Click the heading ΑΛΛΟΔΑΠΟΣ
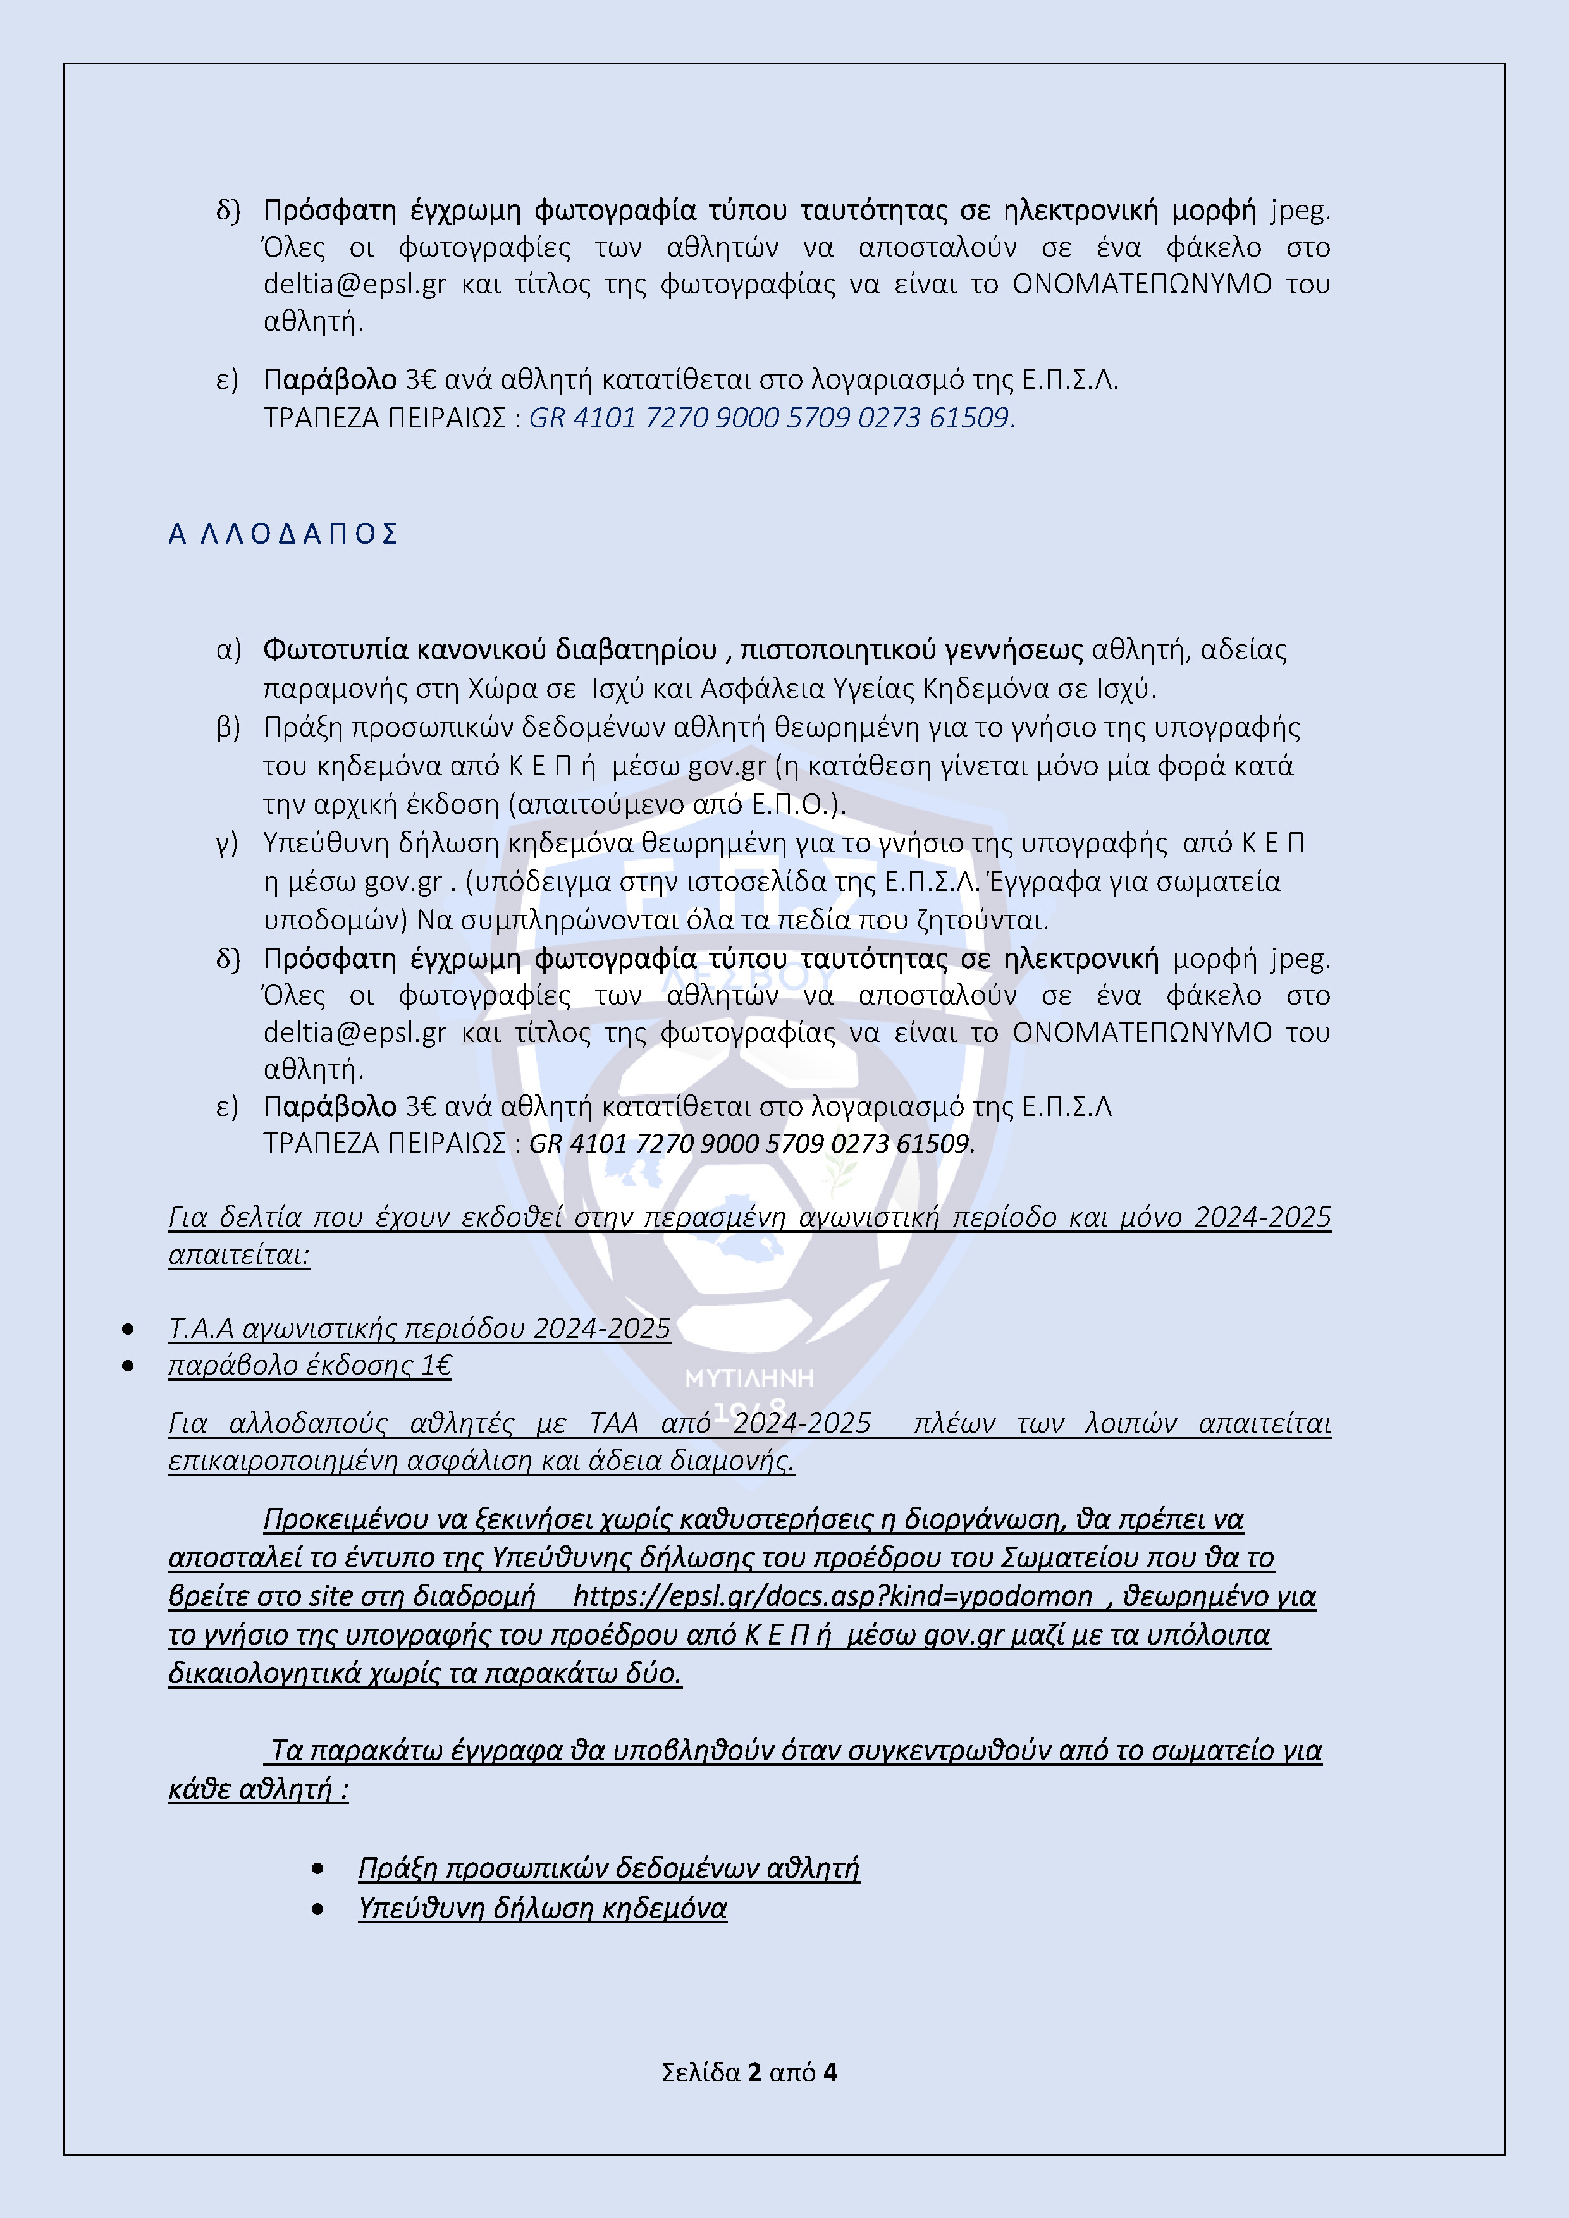(283, 534)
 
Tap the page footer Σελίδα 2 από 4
(749, 2071)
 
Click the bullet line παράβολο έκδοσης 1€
(310, 1365)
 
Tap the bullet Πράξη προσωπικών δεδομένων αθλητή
(608, 1867)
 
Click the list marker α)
(229, 650)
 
